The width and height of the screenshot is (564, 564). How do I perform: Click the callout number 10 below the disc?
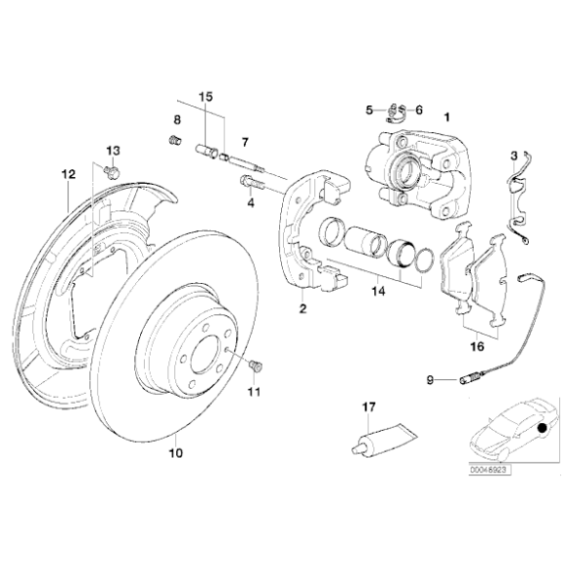(x=175, y=452)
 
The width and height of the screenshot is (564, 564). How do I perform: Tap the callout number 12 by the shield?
(x=67, y=175)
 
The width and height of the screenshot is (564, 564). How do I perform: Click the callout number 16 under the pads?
(x=476, y=344)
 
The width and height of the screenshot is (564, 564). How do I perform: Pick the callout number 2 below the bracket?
(x=302, y=309)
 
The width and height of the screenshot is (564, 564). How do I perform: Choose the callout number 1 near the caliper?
(x=446, y=118)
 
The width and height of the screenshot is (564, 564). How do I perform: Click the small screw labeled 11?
(x=258, y=367)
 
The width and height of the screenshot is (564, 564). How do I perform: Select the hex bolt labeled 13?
(x=110, y=172)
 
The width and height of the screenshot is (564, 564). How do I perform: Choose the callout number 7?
(x=245, y=142)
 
